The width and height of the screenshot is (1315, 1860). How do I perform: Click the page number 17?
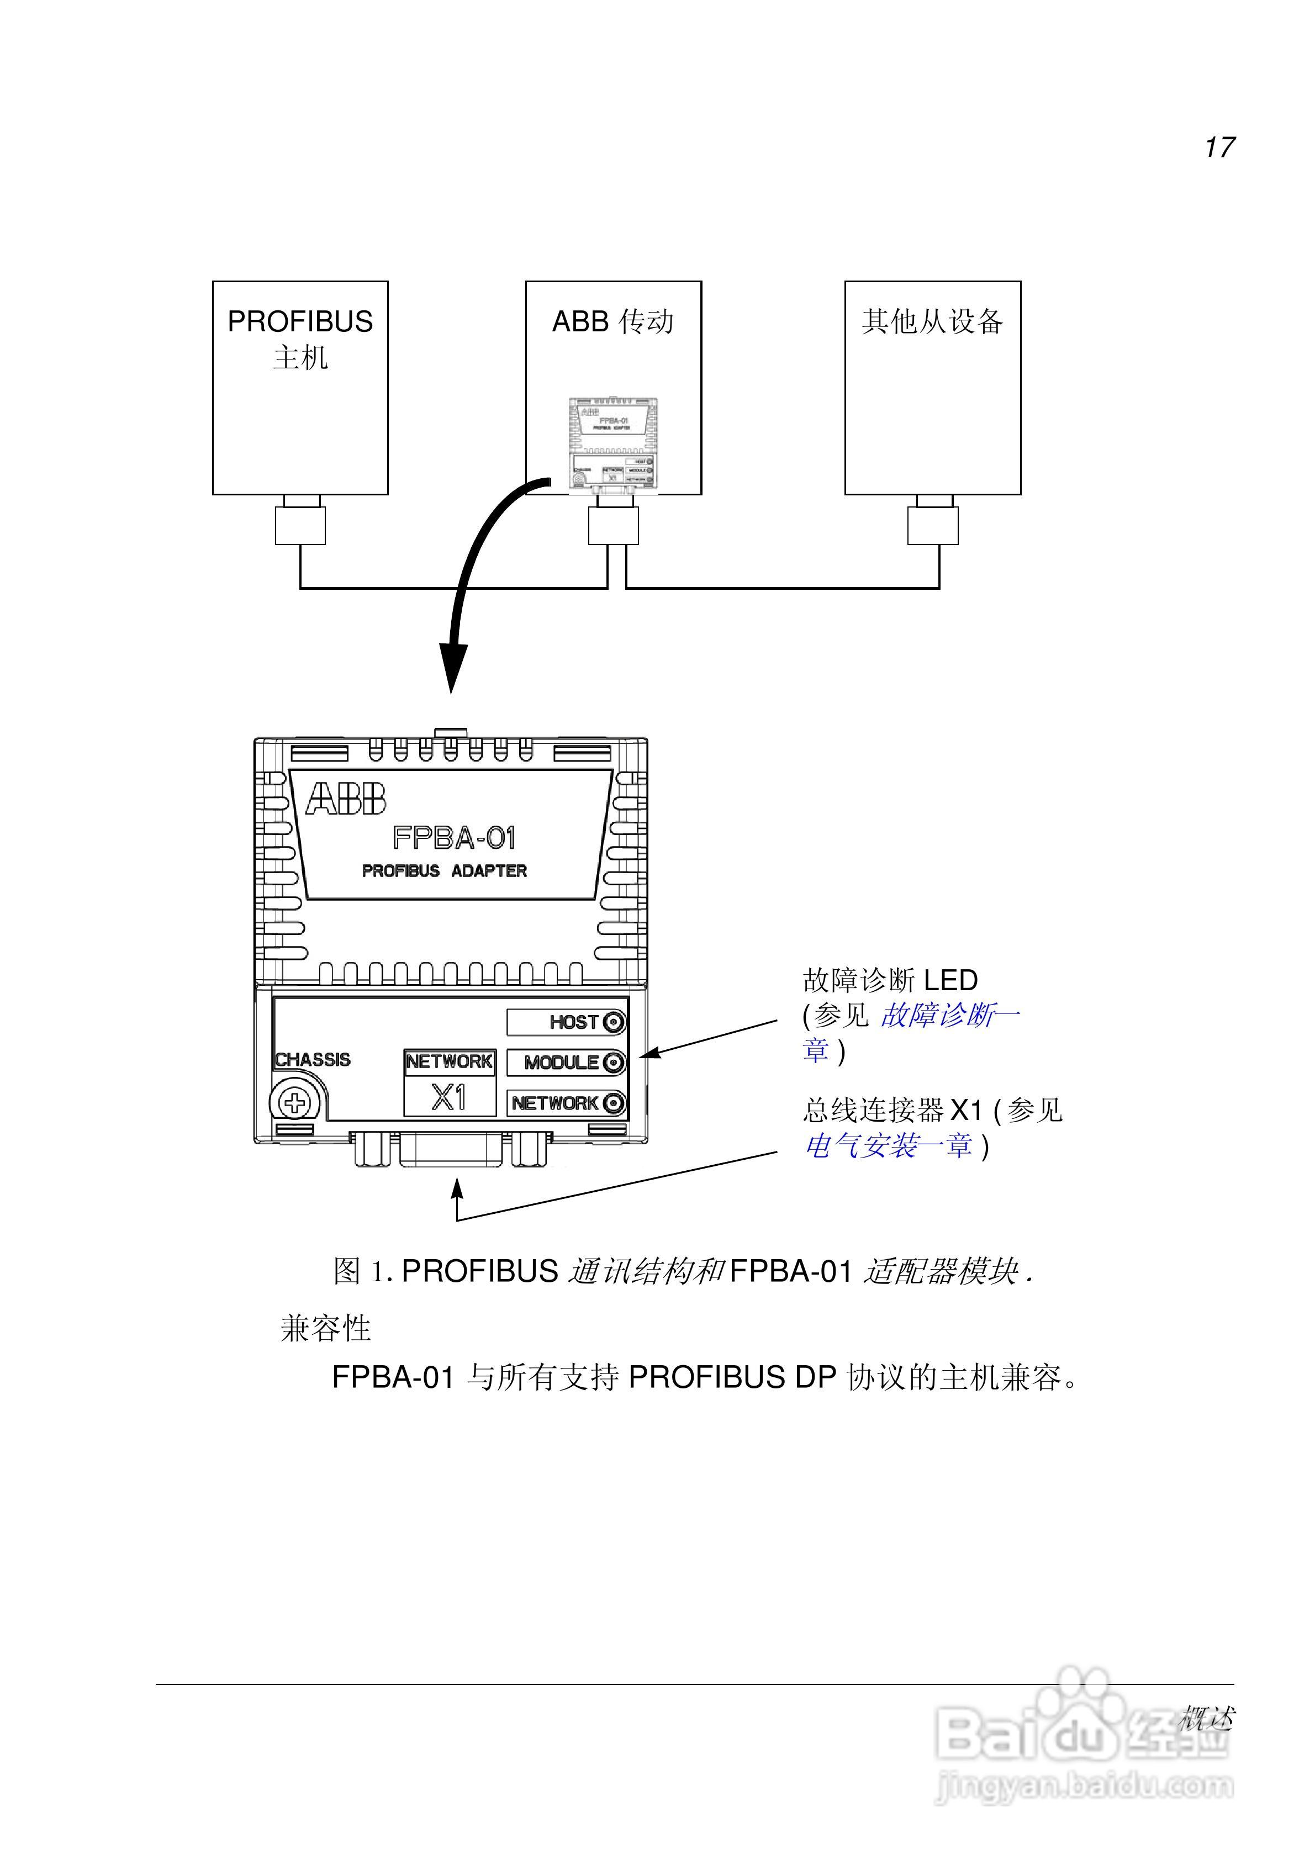1218,147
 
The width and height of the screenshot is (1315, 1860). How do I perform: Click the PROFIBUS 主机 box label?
300,339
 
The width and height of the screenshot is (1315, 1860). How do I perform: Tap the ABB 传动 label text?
612,321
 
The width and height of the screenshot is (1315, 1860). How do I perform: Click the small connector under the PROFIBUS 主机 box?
300,525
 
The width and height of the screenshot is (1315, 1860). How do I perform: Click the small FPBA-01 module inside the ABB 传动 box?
612,444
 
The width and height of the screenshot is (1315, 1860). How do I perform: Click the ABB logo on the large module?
346,800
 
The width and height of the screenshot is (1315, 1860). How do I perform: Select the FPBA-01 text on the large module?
454,838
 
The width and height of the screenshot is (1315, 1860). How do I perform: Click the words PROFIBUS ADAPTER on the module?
444,871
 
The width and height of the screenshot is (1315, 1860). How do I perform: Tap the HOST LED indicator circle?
614,1022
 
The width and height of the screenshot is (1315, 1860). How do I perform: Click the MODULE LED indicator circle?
614,1063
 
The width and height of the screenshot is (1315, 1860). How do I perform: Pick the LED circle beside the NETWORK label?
614,1103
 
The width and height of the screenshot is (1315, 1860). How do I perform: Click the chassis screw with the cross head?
295,1102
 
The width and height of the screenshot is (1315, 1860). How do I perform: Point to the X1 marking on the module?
449,1098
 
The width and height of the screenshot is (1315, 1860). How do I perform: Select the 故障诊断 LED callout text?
890,981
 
